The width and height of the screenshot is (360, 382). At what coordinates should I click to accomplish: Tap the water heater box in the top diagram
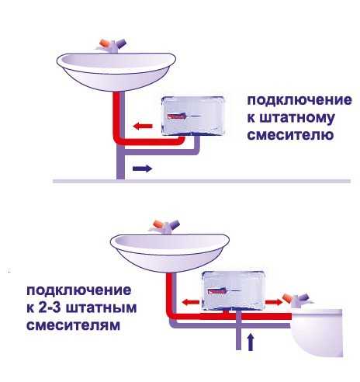[193, 116]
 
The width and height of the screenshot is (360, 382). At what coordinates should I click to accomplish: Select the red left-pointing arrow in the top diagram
[143, 127]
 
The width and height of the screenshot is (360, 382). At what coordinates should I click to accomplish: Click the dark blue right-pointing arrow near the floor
[142, 168]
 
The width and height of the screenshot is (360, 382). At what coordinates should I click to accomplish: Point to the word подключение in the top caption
[299, 100]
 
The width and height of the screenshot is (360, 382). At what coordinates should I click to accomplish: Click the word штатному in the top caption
[291, 118]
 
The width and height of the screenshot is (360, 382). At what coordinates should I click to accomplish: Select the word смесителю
[290, 134]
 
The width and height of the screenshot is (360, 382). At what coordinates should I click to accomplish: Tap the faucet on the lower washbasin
[164, 227]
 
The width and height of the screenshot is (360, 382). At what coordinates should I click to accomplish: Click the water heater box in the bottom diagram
[234, 290]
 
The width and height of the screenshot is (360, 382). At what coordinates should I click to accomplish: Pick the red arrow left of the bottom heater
[191, 302]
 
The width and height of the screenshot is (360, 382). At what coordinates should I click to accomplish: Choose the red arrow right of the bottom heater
[274, 302]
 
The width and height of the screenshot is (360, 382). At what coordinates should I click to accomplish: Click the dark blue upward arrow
[250, 342]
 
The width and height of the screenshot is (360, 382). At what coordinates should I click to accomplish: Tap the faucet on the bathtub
[297, 300]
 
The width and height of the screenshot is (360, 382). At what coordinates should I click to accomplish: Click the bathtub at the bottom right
[317, 332]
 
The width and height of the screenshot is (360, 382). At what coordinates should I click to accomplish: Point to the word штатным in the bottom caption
[102, 307]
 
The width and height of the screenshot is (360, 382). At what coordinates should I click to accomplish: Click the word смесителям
[74, 325]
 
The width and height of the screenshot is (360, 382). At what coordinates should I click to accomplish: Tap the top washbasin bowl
[116, 71]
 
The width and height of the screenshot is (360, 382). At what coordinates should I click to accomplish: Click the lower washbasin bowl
[170, 252]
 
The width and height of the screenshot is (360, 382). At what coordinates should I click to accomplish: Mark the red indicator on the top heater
[177, 116]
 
